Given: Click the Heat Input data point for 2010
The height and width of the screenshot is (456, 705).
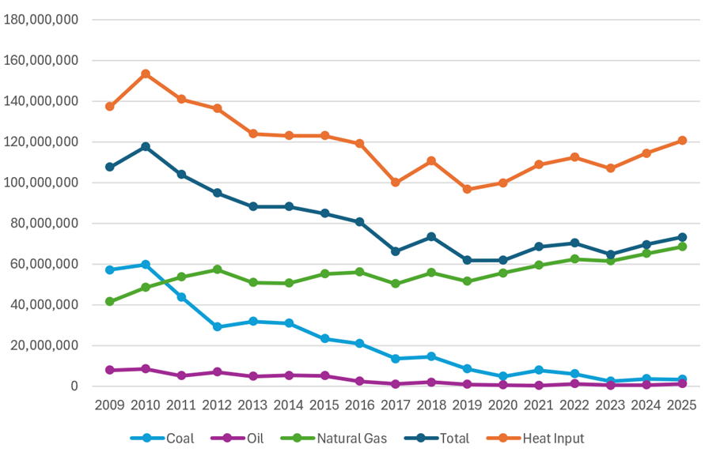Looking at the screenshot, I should coord(146,73).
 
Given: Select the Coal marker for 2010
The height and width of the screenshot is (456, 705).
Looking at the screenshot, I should coord(146,264).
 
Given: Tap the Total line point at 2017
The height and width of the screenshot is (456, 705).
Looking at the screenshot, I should coord(395,251).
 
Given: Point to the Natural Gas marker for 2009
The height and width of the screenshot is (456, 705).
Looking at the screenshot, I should coord(110,301).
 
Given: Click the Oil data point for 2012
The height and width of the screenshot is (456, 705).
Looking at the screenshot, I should coord(217,371).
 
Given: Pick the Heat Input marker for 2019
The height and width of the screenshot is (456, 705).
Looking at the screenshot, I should coord(467,189).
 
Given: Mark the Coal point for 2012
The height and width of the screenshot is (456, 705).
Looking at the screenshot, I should coord(217,326).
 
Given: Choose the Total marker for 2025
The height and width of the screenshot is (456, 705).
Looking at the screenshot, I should coord(681,237).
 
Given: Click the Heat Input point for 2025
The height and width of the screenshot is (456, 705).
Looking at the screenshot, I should coord(681,141).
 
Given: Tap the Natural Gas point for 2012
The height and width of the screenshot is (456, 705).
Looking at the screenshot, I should coord(217,269).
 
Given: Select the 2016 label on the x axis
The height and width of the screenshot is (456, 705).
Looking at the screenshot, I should coord(360,405).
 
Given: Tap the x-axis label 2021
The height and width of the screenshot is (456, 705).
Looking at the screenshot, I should coord(538,405).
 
